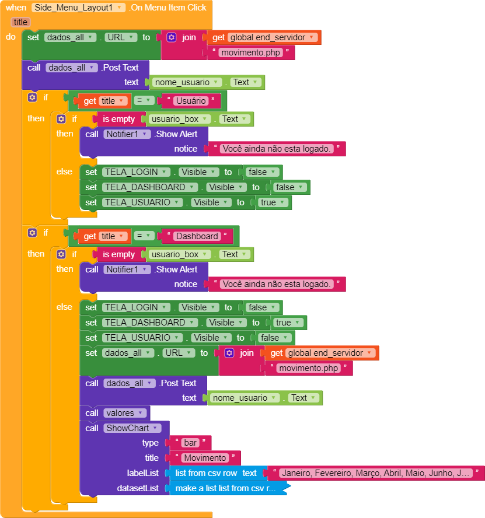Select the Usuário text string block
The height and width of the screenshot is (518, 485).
click(x=190, y=101)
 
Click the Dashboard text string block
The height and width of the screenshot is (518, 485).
click(x=197, y=236)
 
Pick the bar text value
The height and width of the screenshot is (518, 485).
click(x=190, y=443)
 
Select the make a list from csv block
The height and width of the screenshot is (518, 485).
click(x=225, y=488)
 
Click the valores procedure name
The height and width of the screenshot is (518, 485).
click(x=119, y=413)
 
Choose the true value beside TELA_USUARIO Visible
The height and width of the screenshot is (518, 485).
click(x=272, y=202)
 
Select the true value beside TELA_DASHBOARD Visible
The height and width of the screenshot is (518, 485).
click(x=287, y=323)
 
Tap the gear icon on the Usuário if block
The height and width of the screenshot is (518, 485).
click(x=32, y=97)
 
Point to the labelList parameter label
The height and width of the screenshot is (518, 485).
click(x=142, y=473)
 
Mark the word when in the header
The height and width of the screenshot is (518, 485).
click(x=16, y=8)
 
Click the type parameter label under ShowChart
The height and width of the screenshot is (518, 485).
click(x=150, y=443)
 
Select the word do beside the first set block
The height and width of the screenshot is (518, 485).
click(x=11, y=37)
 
